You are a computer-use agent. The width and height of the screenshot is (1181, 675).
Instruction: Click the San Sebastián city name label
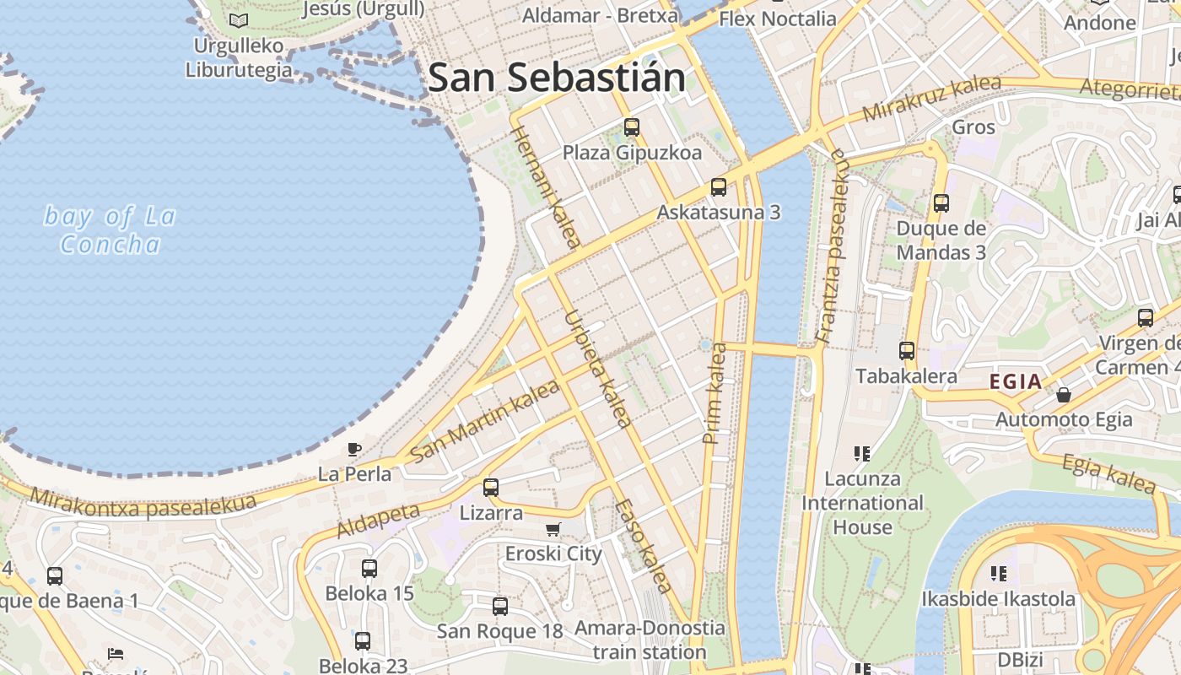[557, 78]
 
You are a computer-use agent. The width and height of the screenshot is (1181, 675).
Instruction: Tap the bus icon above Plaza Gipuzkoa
[632, 127]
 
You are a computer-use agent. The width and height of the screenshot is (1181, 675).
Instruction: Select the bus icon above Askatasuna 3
[718, 186]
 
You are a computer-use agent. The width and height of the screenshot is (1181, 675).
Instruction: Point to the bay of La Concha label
[110, 230]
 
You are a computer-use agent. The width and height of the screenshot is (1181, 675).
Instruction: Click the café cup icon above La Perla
[354, 449]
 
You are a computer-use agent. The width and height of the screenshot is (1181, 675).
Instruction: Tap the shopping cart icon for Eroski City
[553, 529]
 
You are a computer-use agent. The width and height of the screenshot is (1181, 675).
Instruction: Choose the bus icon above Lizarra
[490, 487]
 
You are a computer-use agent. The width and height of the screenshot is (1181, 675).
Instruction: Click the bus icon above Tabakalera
[907, 350]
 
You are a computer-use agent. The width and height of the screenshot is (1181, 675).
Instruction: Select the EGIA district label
[1016, 381]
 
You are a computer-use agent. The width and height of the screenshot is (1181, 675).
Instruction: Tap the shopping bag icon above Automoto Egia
[1064, 394]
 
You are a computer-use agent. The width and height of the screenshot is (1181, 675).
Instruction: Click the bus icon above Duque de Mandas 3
[941, 202]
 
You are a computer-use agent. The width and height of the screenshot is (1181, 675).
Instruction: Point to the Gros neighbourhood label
[973, 127]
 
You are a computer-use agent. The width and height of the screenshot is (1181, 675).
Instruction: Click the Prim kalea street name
[714, 393]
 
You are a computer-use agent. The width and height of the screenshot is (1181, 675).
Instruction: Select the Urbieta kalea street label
[597, 369]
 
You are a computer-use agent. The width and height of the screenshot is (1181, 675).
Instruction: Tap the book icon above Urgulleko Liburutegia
[240, 20]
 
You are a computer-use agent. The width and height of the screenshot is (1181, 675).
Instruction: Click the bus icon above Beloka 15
[369, 568]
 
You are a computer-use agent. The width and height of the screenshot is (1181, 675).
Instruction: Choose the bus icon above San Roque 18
[500, 606]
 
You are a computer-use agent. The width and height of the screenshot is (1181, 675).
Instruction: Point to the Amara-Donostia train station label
[650, 640]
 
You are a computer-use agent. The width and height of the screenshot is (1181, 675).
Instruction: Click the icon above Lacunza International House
[861, 454]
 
